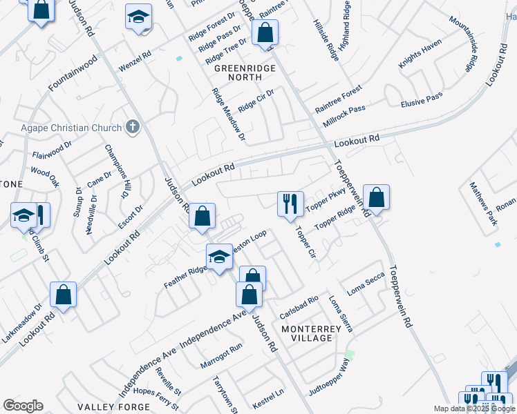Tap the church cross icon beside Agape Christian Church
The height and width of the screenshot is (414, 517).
click(x=133, y=127)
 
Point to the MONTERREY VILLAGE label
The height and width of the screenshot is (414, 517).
click(x=311, y=333)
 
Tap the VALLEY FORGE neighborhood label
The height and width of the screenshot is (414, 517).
click(x=105, y=408)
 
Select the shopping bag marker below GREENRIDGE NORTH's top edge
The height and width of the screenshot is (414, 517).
click(x=264, y=32)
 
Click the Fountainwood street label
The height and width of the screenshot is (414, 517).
click(x=72, y=75)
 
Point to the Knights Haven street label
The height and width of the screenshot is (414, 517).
click(x=420, y=55)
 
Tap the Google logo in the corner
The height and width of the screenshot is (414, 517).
click(x=23, y=406)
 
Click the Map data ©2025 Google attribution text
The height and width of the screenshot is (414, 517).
click(x=474, y=408)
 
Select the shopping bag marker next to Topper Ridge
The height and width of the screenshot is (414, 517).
click(x=376, y=197)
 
